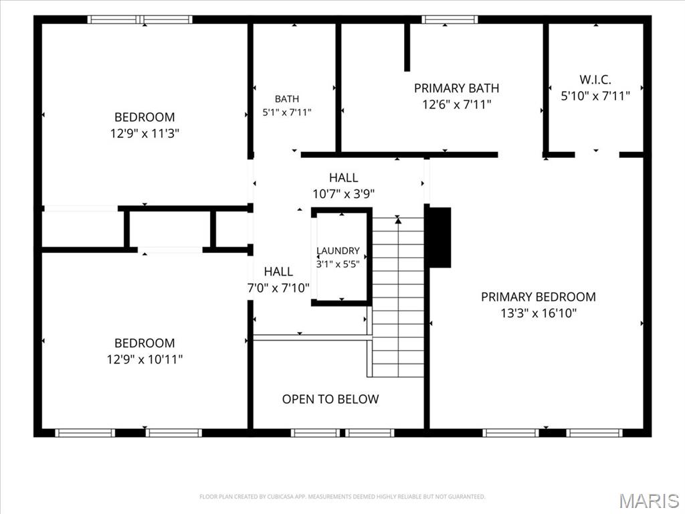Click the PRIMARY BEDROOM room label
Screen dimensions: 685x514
(x=539, y=296)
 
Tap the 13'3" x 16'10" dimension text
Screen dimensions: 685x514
(x=539, y=313)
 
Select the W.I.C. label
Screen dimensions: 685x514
(x=595, y=80)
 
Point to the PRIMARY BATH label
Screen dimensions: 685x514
(x=456, y=88)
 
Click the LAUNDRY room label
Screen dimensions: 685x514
(x=338, y=250)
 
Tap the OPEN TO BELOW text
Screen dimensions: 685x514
(x=330, y=399)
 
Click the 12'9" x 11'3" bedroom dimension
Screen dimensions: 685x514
(x=144, y=133)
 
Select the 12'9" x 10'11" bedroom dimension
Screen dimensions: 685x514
(x=144, y=359)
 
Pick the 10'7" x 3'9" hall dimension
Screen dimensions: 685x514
(x=343, y=193)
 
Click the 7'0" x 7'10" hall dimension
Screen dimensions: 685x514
(x=278, y=288)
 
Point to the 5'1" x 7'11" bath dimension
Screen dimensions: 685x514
(x=286, y=112)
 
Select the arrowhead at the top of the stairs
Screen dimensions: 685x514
(x=398, y=221)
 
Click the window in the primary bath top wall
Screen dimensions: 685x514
(x=450, y=19)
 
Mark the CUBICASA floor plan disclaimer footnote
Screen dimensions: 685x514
(x=342, y=497)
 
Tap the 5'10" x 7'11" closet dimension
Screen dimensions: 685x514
(x=595, y=96)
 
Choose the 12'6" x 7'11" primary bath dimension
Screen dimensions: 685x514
(x=456, y=105)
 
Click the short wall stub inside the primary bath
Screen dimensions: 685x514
(x=407, y=48)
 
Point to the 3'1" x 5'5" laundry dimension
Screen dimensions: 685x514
(x=338, y=264)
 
